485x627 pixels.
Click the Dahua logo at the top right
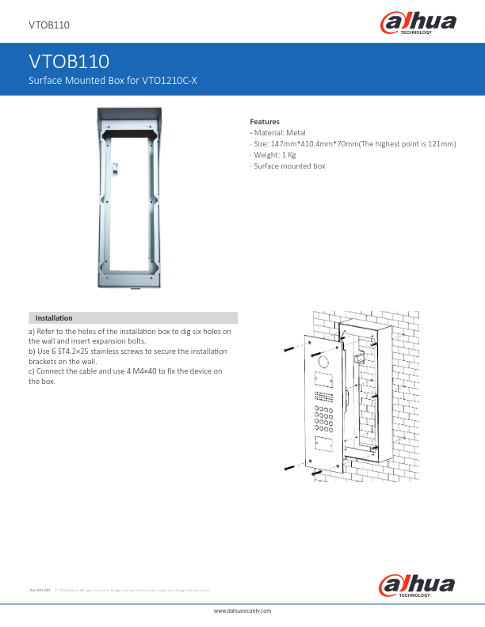pos(420,24)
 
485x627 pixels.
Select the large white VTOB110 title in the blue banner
pos(68,62)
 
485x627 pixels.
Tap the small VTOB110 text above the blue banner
pos(49,26)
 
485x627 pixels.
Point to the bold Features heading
pos(265,121)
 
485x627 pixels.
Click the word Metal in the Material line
pos(296,133)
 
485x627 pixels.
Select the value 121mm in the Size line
pos(442,144)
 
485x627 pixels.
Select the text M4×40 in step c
pos(160,370)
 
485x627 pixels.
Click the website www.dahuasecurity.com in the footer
pos(243,612)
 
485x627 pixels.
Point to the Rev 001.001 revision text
pos(40,590)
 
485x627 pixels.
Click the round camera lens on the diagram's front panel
pos(323,362)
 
